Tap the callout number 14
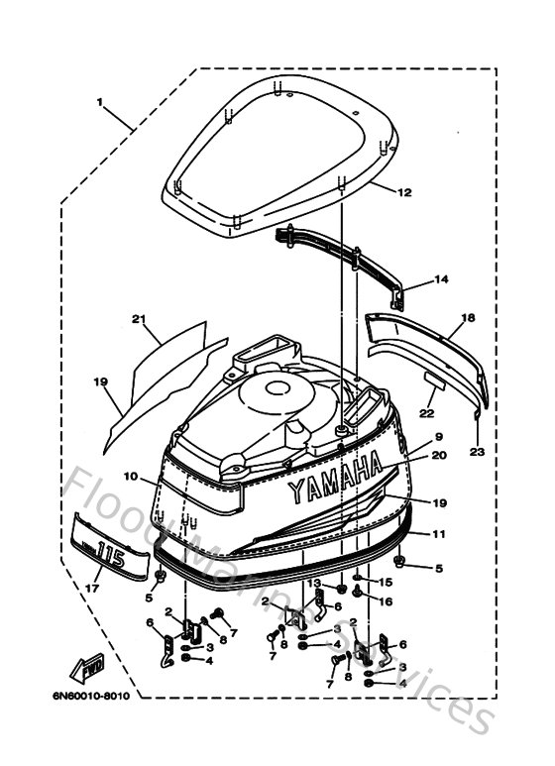pos(441,279)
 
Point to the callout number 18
pos(468,317)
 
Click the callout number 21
pos(139,318)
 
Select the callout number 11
pos(436,532)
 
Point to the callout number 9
pos(437,436)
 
